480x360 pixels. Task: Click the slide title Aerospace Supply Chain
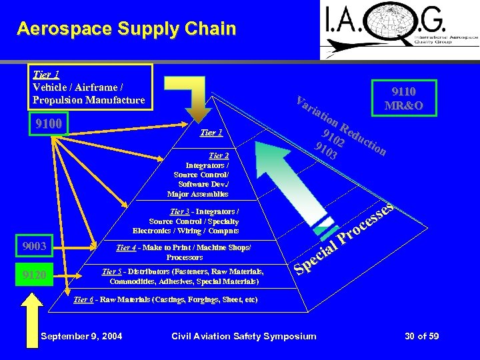coord(127,29)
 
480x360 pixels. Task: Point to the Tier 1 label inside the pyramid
coord(211,133)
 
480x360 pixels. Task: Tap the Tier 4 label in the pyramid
coord(127,248)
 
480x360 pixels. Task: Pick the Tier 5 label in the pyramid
coord(111,271)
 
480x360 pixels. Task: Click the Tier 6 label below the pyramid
coord(83,300)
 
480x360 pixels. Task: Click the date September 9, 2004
coord(81,336)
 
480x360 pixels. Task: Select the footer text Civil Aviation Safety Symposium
coord(244,336)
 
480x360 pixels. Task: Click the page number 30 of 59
coord(421,336)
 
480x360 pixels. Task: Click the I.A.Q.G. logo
coord(399,30)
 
